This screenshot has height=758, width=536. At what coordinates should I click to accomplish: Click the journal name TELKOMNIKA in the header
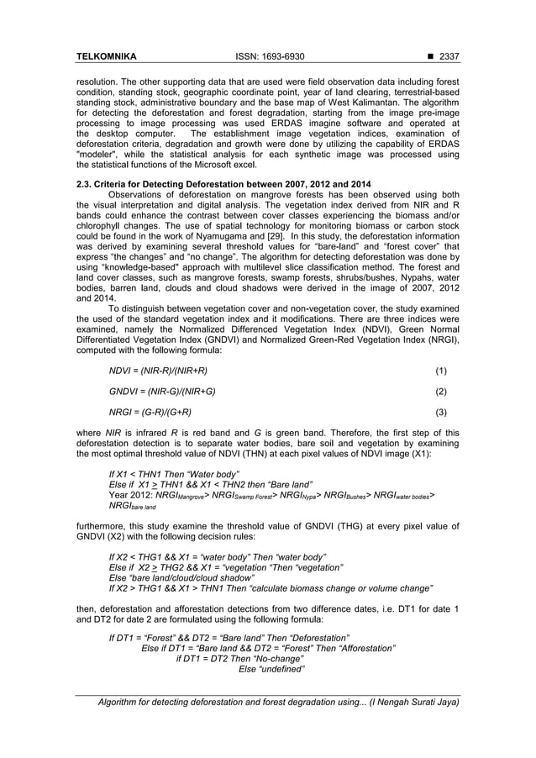click(x=106, y=57)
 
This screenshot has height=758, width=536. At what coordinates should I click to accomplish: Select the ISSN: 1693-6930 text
click(x=267, y=57)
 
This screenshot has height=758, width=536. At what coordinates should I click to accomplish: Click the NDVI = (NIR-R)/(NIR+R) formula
click(x=158, y=371)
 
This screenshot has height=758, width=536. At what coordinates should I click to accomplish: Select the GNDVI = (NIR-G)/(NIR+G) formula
click(x=162, y=392)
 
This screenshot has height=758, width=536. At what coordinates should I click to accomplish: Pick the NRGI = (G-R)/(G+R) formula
click(x=150, y=413)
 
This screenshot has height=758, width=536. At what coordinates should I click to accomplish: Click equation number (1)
click(x=440, y=371)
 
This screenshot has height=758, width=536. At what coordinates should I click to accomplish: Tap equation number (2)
click(x=440, y=392)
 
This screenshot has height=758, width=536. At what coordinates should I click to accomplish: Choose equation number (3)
click(x=440, y=413)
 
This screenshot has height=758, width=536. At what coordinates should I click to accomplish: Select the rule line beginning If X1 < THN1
click(x=174, y=475)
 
